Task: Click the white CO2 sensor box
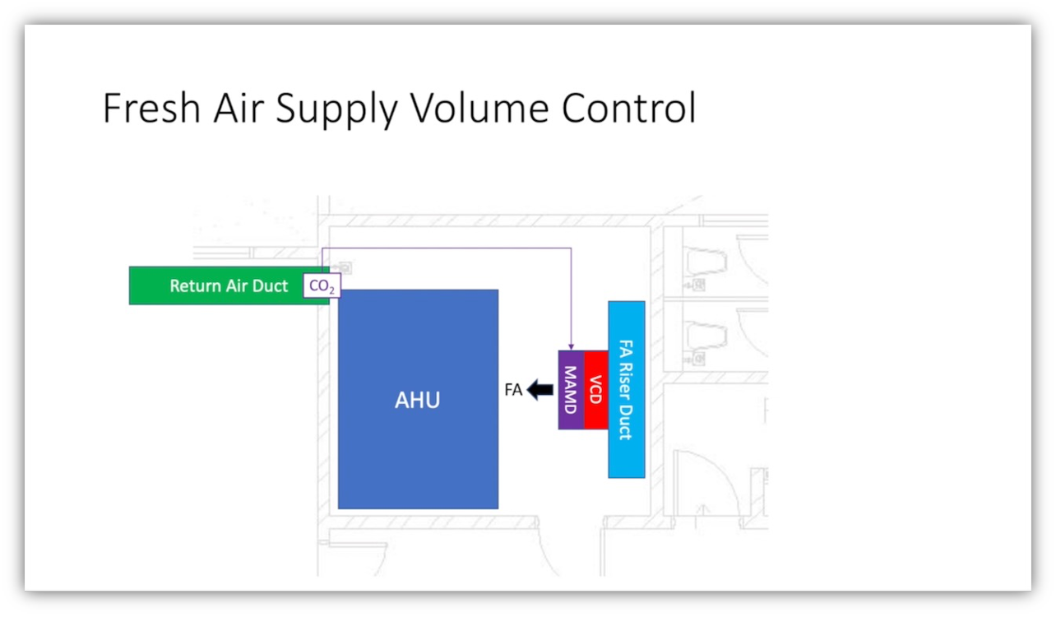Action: (x=322, y=286)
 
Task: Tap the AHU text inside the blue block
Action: (x=417, y=401)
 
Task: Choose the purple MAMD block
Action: (x=571, y=390)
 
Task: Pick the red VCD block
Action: (x=596, y=390)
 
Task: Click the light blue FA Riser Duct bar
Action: (x=627, y=389)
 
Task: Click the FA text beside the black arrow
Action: (x=513, y=390)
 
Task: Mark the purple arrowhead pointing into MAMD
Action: (x=571, y=346)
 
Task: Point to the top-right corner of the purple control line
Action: (x=571, y=248)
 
